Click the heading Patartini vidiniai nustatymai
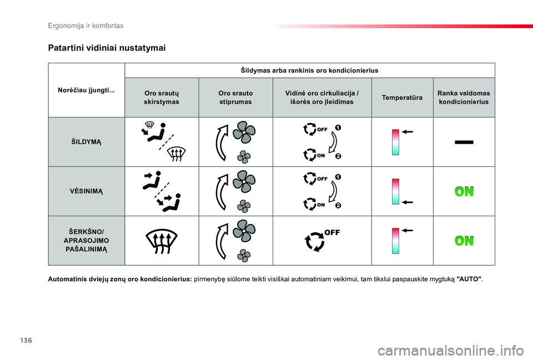pyautogui.click(x=107, y=48)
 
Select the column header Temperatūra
pyautogui.click(x=401, y=98)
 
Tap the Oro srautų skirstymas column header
pyautogui.click(x=162, y=98)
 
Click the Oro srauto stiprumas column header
pyautogui.click(x=235, y=98)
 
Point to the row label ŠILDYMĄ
pyautogui.click(x=86, y=142)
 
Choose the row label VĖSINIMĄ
pyautogui.click(x=86, y=191)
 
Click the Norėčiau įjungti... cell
pyautogui.click(x=87, y=90)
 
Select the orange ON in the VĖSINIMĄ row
pyautogui.click(x=464, y=192)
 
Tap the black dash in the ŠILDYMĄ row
pyautogui.click(x=464, y=143)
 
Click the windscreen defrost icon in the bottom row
pyautogui.click(x=162, y=241)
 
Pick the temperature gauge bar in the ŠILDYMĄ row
pyautogui.click(x=395, y=142)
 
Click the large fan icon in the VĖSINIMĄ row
pyautogui.click(x=244, y=182)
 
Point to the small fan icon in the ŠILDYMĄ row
pyautogui.click(x=244, y=157)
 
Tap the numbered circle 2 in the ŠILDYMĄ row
pyautogui.click(x=338, y=156)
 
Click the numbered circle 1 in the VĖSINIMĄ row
pyautogui.click(x=338, y=177)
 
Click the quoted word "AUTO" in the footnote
pyautogui.click(x=469, y=278)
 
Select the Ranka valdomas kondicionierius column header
pyautogui.click(x=464, y=98)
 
